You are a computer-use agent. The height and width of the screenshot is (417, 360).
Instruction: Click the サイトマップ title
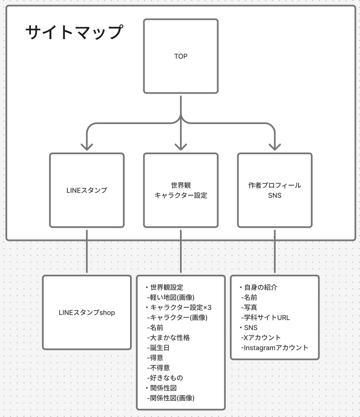point(75,32)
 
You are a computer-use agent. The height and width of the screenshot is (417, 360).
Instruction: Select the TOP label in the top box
point(181,57)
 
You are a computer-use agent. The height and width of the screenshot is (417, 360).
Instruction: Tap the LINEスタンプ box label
point(87,191)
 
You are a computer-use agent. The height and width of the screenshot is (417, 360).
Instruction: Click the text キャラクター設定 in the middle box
point(181,196)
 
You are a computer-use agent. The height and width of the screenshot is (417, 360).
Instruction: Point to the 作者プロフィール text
point(275,185)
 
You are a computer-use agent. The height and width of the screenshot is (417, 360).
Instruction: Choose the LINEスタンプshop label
point(87,313)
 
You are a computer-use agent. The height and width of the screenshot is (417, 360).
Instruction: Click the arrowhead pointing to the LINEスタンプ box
point(87,146)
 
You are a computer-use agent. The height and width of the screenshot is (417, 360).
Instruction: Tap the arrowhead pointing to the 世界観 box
point(181,146)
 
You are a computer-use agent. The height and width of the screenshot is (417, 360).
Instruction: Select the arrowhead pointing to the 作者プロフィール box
point(275,146)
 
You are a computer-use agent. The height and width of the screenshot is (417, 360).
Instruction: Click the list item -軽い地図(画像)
point(171,297)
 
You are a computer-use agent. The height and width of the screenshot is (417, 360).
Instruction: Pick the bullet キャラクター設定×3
point(178,307)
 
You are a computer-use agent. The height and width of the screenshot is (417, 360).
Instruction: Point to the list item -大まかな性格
point(168,338)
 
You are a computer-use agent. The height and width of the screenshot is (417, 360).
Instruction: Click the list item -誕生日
point(158,348)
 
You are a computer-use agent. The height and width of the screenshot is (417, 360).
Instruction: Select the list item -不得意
point(158,368)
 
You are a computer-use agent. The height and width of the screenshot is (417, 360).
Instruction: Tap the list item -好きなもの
point(165,378)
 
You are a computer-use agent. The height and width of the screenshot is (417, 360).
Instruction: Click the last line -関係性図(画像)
point(171,398)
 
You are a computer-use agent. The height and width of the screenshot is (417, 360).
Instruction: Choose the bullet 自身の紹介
point(258,287)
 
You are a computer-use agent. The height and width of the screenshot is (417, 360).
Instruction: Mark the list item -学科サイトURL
point(265,318)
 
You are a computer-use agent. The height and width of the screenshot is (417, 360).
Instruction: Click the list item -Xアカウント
point(261,338)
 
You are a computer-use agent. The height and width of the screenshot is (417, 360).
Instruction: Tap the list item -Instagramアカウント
point(275,348)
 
